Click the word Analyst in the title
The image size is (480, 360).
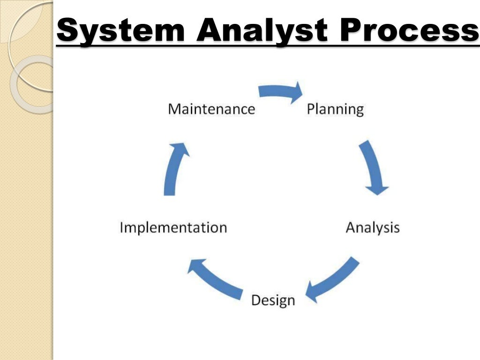coord(261,30)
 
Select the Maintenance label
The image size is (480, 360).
coord(211,109)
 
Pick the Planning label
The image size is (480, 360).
coord(335,109)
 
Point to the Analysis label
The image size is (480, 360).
coord(373,228)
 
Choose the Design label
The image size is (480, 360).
coord(273,300)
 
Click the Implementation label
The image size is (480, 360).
coord(173,228)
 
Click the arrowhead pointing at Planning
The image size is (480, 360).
coord(296,92)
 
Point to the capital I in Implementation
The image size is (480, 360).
coord(122,228)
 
